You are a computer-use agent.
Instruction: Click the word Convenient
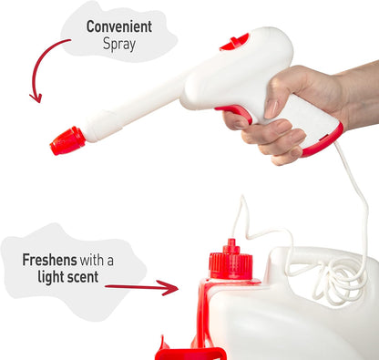click(x=119, y=26)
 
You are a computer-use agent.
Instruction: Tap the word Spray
click(x=119, y=45)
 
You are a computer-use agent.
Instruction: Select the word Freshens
click(x=49, y=260)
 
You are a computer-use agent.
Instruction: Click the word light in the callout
click(x=51, y=277)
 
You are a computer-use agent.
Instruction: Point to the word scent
click(x=83, y=277)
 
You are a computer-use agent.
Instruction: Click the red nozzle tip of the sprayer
click(x=67, y=141)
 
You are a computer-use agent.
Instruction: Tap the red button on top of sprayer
click(x=234, y=42)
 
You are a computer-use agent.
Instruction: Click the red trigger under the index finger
click(x=236, y=112)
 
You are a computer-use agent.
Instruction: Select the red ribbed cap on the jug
click(x=230, y=265)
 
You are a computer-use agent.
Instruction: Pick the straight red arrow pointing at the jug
click(x=141, y=287)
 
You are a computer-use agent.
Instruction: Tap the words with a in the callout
click(x=97, y=261)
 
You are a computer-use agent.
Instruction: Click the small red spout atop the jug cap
click(x=231, y=245)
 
